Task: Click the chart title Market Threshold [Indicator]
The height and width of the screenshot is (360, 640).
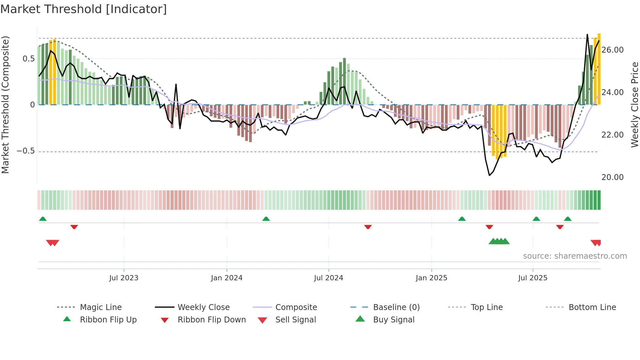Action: (x=84, y=9)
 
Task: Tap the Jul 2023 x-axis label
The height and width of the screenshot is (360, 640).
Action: (x=124, y=278)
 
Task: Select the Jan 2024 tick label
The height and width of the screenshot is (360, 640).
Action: (x=227, y=278)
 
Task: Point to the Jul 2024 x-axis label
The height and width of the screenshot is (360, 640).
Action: (x=328, y=278)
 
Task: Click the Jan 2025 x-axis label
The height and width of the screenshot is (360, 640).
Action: (x=431, y=278)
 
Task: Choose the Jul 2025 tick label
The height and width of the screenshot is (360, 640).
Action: (x=533, y=278)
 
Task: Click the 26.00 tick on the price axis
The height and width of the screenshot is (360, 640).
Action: (x=613, y=50)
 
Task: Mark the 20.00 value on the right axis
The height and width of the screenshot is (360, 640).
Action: (x=613, y=177)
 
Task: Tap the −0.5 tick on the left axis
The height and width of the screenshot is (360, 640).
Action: (x=26, y=151)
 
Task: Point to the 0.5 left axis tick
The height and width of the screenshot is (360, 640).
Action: (x=29, y=59)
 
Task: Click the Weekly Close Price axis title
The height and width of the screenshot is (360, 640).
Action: (x=634, y=105)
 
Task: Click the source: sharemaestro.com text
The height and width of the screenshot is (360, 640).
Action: (x=575, y=256)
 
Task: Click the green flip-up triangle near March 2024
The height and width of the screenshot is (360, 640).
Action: (x=266, y=219)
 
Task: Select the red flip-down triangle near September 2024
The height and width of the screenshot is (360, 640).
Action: (x=368, y=227)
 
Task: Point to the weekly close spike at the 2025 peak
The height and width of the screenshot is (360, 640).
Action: (x=587, y=35)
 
